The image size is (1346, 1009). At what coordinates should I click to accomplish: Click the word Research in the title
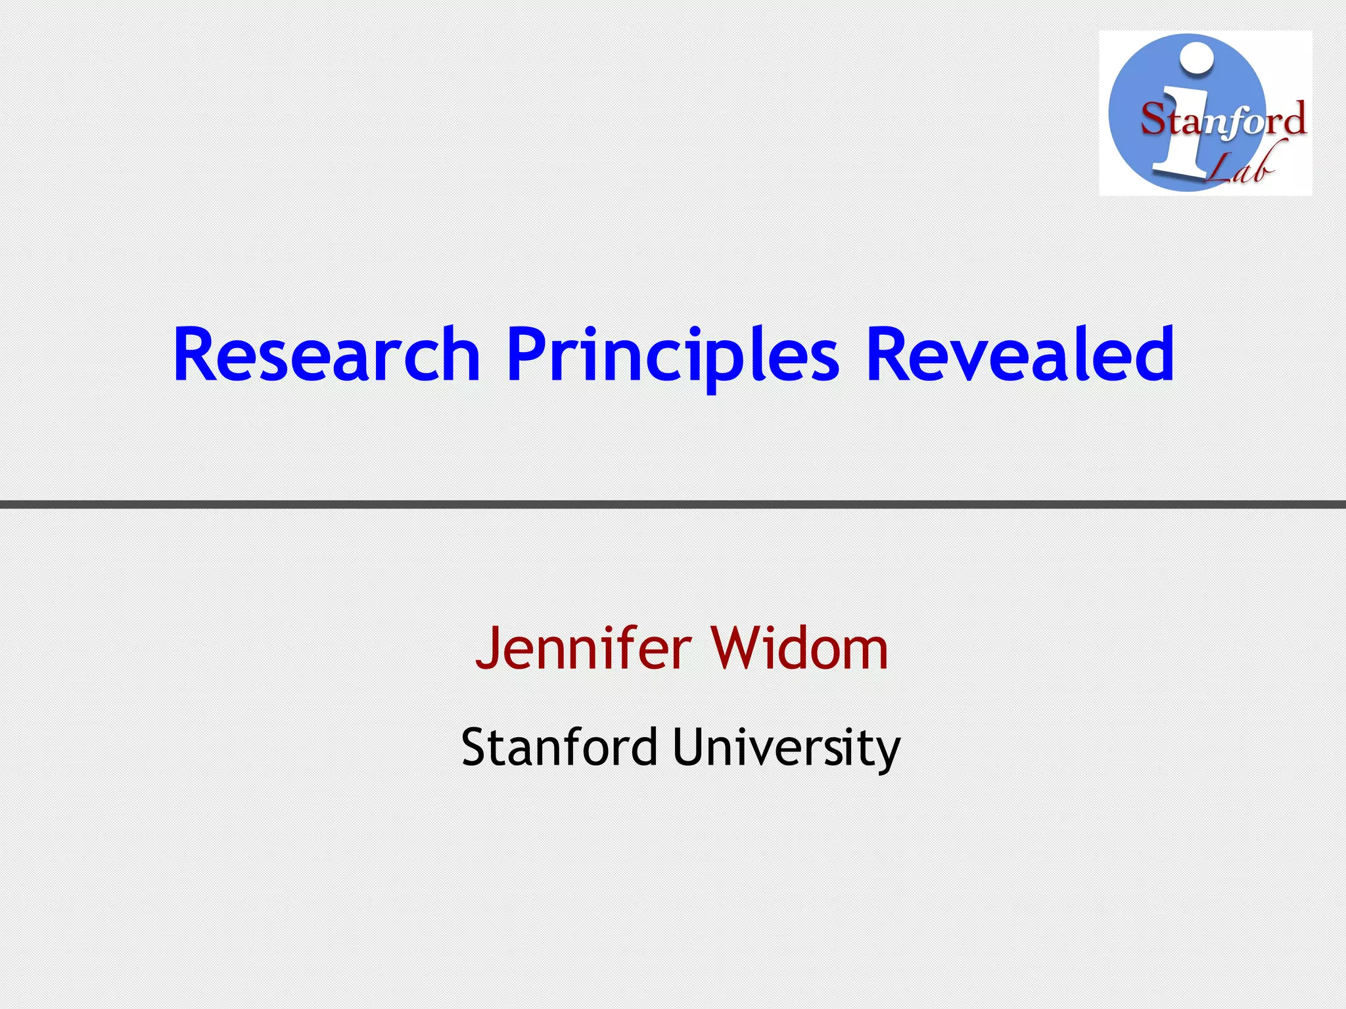[327, 355]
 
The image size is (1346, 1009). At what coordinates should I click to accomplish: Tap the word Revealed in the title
[1020, 355]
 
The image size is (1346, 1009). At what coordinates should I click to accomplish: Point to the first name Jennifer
[583, 649]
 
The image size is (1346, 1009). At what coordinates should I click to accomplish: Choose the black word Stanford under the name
[559, 748]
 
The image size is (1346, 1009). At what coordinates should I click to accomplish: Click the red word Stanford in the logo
[1223, 121]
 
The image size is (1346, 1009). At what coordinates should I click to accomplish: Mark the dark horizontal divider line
[673, 504]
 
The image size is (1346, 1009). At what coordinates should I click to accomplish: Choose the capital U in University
[689, 748]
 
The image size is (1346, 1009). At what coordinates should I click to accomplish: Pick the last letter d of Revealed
[1155, 353]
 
